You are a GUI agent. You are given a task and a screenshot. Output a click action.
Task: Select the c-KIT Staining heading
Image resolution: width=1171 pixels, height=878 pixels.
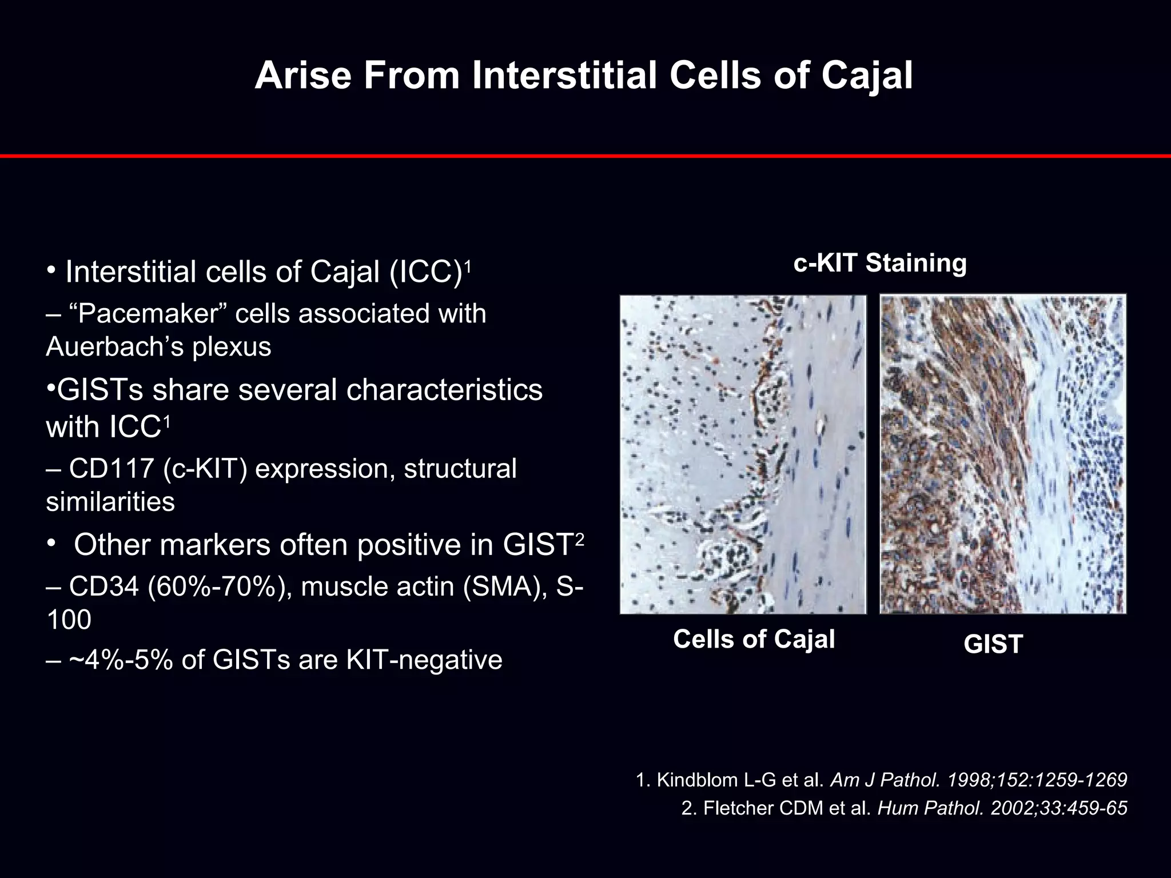tap(879, 264)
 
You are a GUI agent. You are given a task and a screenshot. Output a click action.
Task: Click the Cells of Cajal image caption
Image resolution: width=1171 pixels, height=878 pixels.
tap(754, 639)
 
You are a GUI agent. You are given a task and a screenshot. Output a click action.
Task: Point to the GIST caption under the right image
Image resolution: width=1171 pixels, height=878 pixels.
tap(993, 645)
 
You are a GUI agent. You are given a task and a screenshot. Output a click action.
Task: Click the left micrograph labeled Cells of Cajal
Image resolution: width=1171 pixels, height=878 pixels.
tap(743, 454)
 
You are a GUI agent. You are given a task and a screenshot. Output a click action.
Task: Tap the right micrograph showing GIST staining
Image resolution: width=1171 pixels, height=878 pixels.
tap(1002, 454)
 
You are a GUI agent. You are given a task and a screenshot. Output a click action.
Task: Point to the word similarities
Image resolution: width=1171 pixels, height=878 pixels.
tap(110, 502)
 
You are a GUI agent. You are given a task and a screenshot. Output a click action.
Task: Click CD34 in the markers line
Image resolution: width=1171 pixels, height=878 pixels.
tap(103, 587)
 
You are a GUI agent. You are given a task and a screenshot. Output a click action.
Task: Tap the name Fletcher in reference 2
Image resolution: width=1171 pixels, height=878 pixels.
tap(734, 808)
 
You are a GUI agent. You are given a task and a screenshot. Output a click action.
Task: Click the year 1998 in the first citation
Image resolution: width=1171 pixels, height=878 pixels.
tap(967, 780)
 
